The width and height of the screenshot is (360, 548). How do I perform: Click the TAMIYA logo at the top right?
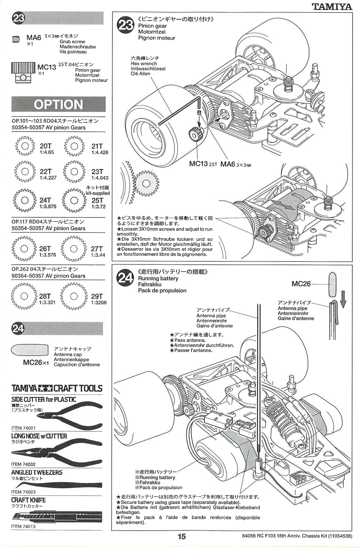[332, 6]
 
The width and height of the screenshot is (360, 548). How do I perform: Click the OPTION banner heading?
[58, 105]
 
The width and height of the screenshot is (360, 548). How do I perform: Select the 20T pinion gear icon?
[25, 146]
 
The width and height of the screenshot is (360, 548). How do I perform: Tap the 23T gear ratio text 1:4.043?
[99, 178]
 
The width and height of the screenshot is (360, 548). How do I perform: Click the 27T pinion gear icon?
[74, 249]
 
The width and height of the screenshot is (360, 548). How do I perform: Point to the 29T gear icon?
[74, 296]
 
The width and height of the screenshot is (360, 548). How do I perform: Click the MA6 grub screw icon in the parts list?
[16, 39]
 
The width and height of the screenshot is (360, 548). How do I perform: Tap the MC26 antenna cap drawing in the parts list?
[30, 350]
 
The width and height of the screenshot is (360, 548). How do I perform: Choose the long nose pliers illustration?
[56, 452]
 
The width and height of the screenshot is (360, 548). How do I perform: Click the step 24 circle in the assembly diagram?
[125, 277]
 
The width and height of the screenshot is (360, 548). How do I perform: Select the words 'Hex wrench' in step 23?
[144, 64]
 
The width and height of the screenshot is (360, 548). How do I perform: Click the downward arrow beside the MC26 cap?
[343, 299]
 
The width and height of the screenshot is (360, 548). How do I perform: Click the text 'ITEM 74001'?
[24, 428]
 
